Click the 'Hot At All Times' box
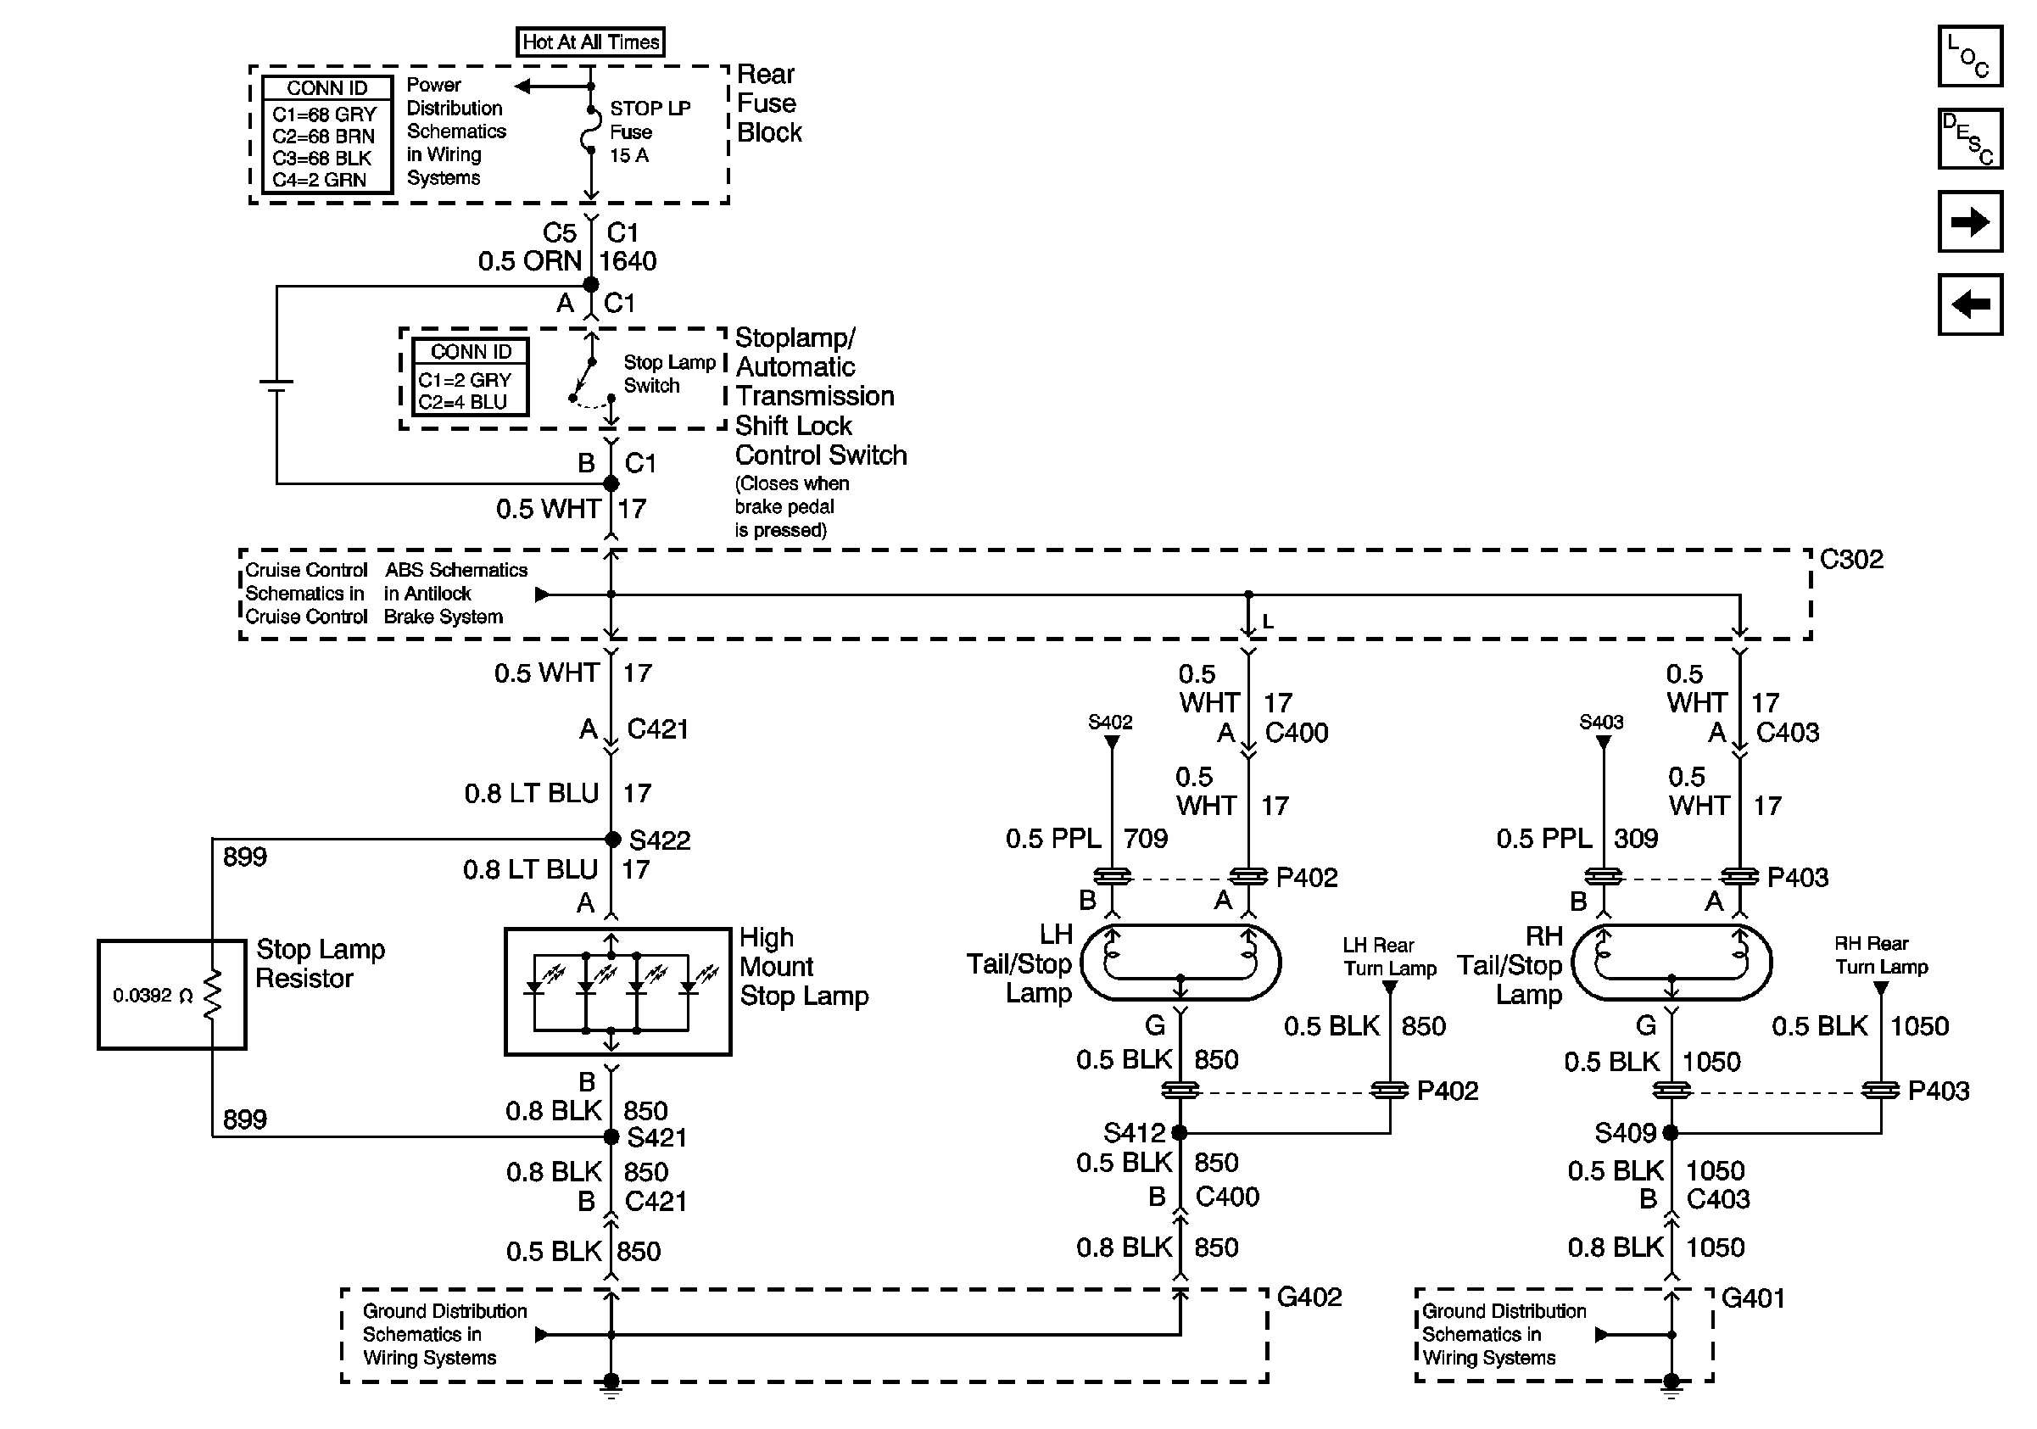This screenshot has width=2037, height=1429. pyautogui.click(x=590, y=42)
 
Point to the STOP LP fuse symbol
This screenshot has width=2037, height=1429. pyautogui.click(x=590, y=131)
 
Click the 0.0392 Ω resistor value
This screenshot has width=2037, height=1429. pyautogui.click(x=153, y=996)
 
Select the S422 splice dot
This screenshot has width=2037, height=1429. pyautogui.click(x=612, y=839)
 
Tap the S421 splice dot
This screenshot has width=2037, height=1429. pyautogui.click(x=611, y=1136)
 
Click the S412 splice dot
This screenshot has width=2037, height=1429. pyautogui.click(x=1179, y=1133)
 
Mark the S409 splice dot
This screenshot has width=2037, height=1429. pyautogui.click(x=1671, y=1133)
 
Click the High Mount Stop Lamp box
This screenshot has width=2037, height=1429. pyautogui.click(x=617, y=991)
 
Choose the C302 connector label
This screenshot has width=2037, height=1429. pyautogui.click(x=1850, y=560)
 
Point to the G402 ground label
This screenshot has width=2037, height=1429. pyautogui.click(x=1309, y=1297)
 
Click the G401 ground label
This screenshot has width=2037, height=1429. pyautogui.click(x=1752, y=1298)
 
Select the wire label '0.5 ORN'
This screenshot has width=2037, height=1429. pyautogui.click(x=530, y=261)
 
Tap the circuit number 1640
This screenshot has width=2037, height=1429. pyautogui.click(x=628, y=261)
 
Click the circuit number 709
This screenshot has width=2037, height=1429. pyautogui.click(x=1146, y=838)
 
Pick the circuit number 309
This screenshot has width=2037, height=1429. pyautogui.click(x=1636, y=838)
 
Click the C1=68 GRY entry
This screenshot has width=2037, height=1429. pyautogui.click(x=325, y=114)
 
